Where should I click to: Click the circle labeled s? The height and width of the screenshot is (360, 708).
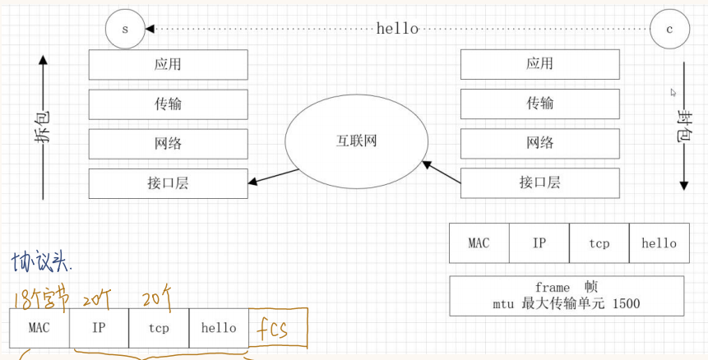coord(125,30)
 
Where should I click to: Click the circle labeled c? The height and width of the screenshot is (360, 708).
coord(669,30)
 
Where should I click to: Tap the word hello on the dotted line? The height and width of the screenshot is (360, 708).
coord(397,29)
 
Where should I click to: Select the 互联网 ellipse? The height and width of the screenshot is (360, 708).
coord(356,141)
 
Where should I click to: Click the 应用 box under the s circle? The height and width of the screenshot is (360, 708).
coord(168,64)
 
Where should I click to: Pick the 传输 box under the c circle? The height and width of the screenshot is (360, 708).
coord(539,104)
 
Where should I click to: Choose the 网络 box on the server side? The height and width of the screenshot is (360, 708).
coord(168,144)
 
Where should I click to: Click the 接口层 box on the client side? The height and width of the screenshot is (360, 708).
coord(539,182)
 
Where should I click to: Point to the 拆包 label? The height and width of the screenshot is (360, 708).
coord(43,127)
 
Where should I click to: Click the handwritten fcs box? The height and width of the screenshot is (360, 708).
coord(278,330)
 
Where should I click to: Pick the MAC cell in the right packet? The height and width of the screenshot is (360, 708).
coord(479,243)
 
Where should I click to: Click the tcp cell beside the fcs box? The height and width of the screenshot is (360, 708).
coord(159,328)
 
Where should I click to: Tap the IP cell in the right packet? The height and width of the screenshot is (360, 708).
coord(539,243)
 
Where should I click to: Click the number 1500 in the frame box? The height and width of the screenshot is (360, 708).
coord(625,304)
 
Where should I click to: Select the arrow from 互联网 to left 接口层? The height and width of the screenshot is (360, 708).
coord(274,177)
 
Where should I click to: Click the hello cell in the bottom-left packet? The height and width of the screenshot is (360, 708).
coord(219,328)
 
